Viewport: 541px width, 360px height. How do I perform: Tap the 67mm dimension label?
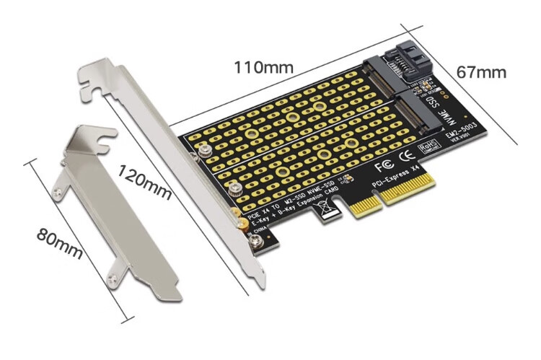click(x=481, y=72)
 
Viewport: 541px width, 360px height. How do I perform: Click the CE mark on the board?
click(x=407, y=154)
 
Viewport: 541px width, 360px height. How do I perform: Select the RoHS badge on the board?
click(x=429, y=147)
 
